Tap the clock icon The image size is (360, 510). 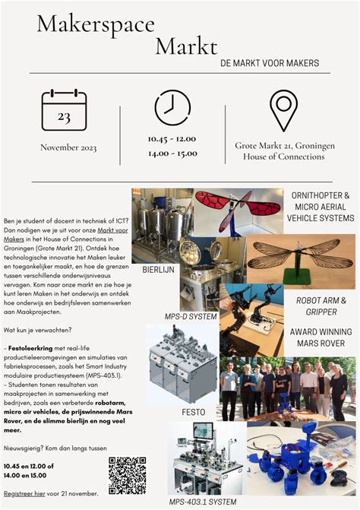tap(172, 107)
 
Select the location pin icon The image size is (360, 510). tap(283, 109)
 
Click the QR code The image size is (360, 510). tap(127, 475)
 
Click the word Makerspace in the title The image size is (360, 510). tap(95, 24)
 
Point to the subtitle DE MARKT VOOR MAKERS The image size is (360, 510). tap(270, 63)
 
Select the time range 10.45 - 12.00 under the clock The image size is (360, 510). tap(172, 139)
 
